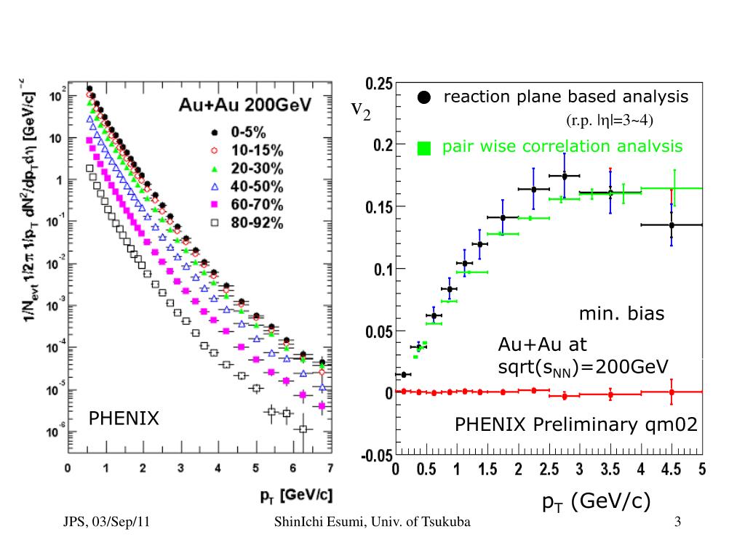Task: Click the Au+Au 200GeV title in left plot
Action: click(245, 106)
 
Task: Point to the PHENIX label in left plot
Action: click(123, 418)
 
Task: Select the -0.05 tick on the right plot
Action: click(377, 456)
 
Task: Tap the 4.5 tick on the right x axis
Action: click(671, 470)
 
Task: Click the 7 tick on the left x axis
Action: click(330, 467)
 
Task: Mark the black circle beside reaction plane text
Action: click(425, 97)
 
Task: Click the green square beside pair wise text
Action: click(425, 148)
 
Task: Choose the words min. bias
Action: click(622, 315)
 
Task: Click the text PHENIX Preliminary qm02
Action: click(576, 424)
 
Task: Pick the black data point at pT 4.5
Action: click(672, 225)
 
